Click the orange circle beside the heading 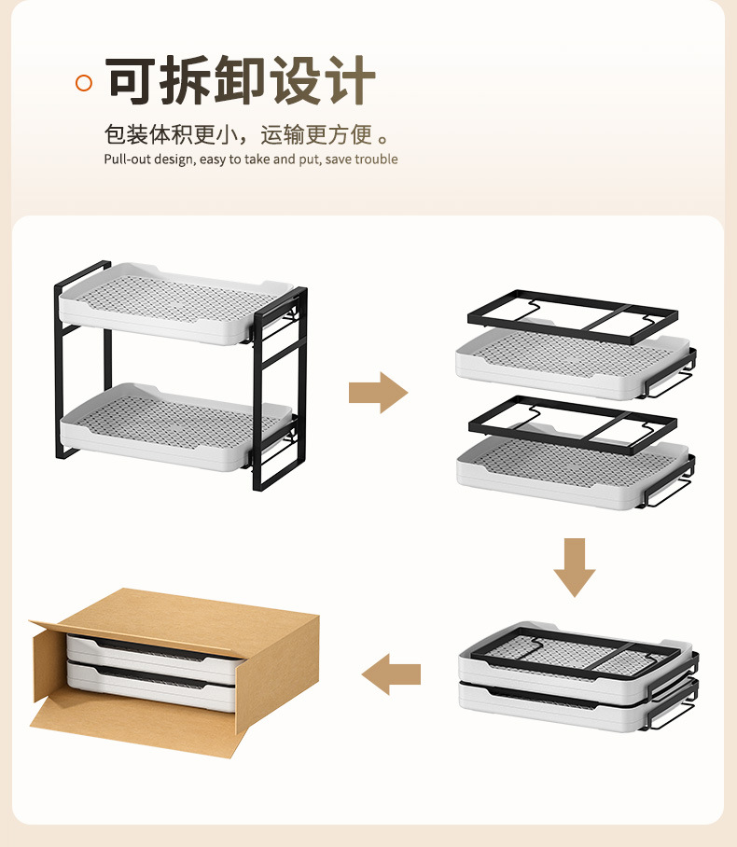pyautogui.click(x=84, y=83)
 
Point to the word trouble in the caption pyautogui.click(x=376, y=160)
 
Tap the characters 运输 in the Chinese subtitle pyautogui.click(x=283, y=134)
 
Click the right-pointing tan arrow pyautogui.click(x=378, y=393)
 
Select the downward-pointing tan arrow pyautogui.click(x=574, y=566)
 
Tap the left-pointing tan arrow pyautogui.click(x=391, y=673)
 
